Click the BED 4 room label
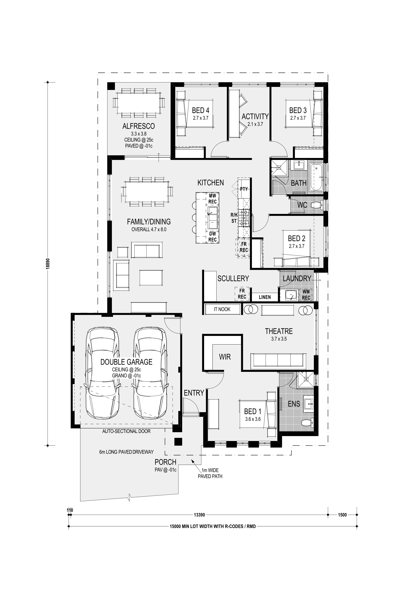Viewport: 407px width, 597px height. [x=200, y=110]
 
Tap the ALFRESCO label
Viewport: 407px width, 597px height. [x=139, y=126]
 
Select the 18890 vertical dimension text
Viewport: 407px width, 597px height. [x=48, y=263]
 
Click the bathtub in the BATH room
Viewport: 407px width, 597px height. [x=317, y=177]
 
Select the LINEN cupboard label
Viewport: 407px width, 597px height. [x=265, y=297]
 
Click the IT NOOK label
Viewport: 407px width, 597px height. [x=222, y=309]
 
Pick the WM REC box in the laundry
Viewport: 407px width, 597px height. [x=306, y=295]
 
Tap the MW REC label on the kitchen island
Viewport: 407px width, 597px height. [x=212, y=199]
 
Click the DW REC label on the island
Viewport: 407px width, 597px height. [x=212, y=237]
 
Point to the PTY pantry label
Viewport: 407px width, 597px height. [x=244, y=189]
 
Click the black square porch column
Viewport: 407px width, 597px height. [x=178, y=441]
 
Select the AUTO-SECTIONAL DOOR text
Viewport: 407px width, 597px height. [x=126, y=431]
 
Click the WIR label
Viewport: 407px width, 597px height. [x=225, y=357]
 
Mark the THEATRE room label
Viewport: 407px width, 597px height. [x=279, y=331]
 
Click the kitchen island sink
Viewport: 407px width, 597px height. [x=212, y=218]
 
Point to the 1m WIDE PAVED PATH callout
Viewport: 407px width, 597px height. [x=210, y=473]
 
